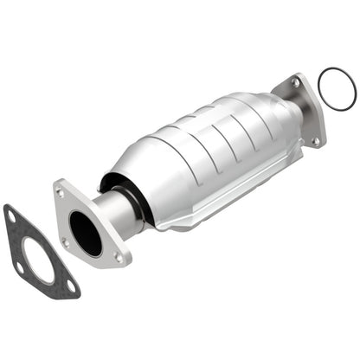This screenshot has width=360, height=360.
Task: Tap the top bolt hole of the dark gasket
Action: point(12,215)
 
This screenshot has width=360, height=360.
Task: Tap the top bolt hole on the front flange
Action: point(60,192)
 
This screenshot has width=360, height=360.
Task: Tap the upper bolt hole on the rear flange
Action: point(296,83)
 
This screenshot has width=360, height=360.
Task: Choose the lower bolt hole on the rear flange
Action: point(315,140)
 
